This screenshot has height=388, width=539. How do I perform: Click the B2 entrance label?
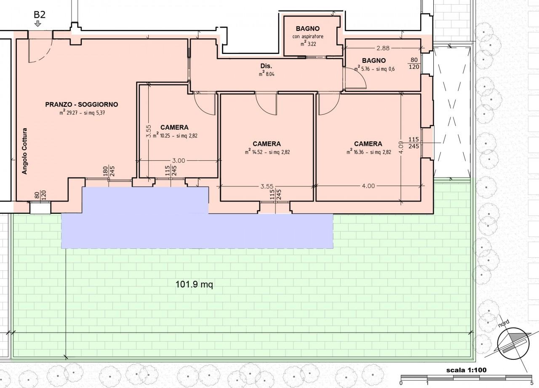[x=40, y=14]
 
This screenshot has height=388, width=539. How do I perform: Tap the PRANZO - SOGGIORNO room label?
[x=82, y=104]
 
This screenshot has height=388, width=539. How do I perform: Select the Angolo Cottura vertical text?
[x=24, y=151]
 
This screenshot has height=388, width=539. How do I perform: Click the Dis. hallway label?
[x=266, y=66]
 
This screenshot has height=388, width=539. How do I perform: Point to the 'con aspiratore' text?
[x=308, y=37]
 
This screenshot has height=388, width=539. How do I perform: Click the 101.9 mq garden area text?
[x=194, y=284]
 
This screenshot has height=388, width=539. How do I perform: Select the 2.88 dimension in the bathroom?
[x=383, y=48]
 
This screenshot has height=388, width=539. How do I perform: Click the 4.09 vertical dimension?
[x=401, y=147]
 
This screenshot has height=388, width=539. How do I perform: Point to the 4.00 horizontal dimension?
[x=368, y=186]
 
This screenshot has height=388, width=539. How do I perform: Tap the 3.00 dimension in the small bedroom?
[x=178, y=161]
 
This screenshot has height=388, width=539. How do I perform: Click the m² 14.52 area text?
[x=267, y=152]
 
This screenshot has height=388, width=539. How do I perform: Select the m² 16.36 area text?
[x=368, y=152]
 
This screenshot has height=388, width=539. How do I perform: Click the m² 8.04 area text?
[x=267, y=74]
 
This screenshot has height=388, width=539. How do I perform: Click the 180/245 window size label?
[x=109, y=171]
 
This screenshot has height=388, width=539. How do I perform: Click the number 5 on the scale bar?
[x=532, y=383]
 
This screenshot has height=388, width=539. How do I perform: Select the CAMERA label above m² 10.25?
[x=174, y=127]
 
